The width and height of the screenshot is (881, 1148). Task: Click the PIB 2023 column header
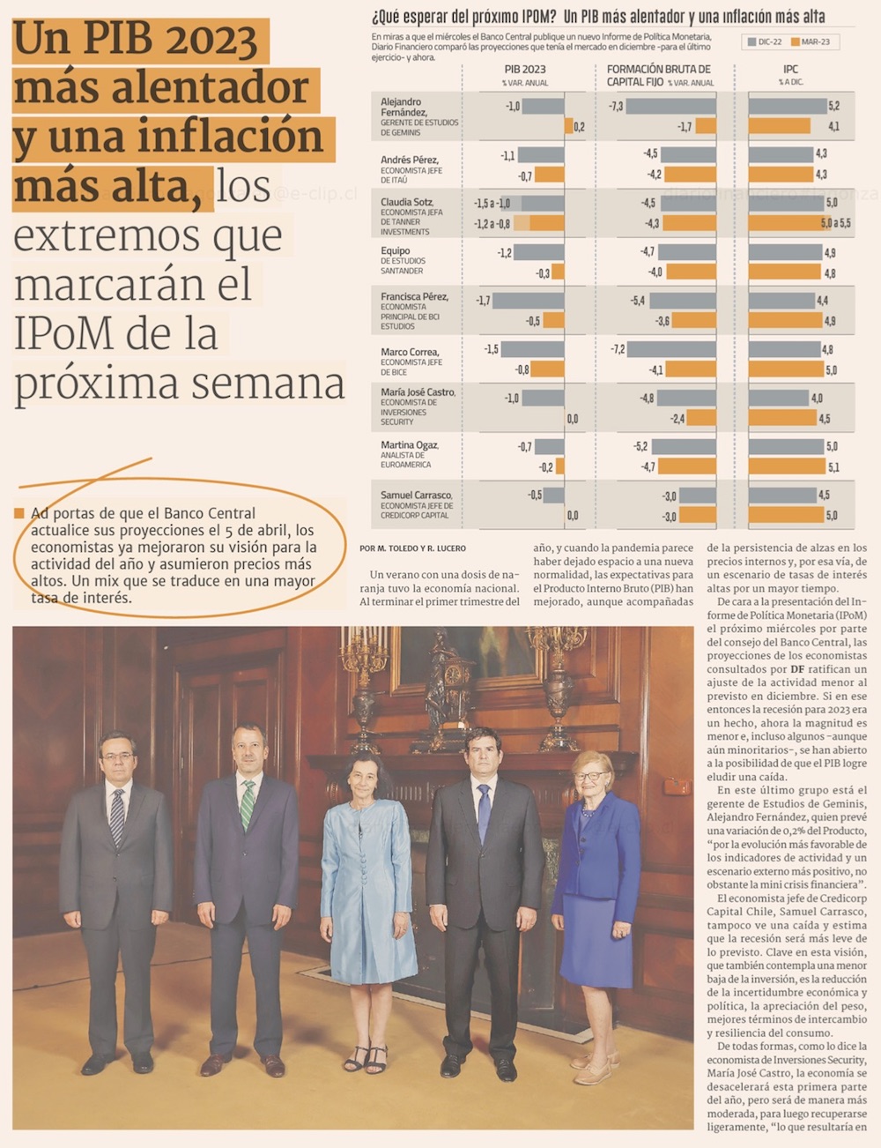(524, 69)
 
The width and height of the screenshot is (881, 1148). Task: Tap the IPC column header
(790, 69)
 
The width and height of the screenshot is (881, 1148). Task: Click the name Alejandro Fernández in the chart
(403, 107)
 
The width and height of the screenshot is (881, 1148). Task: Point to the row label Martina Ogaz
(409, 445)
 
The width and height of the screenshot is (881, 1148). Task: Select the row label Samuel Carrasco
(416, 495)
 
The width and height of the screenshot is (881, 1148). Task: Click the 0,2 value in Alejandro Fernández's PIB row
(579, 127)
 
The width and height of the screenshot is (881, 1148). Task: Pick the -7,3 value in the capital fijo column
(616, 106)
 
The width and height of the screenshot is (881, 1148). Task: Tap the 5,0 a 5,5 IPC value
(835, 223)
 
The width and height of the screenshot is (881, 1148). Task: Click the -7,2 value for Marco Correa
(618, 349)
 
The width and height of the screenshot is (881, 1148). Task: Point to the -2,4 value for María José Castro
(677, 418)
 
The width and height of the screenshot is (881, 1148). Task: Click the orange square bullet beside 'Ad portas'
(19, 513)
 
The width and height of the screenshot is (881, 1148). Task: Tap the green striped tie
(248, 802)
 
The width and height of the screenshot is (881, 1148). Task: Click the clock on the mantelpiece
(455, 679)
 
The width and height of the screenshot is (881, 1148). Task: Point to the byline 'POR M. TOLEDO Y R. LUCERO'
(412, 548)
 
